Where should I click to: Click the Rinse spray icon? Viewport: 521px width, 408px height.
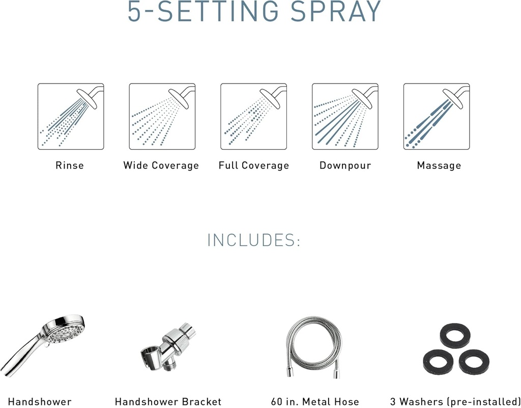click(x=70, y=117)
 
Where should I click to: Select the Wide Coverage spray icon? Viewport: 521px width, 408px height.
click(x=162, y=117)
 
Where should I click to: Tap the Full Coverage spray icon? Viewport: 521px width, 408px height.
click(x=253, y=117)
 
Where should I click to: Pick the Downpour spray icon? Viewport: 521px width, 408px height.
click(x=345, y=117)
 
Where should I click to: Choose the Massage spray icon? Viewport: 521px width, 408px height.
click(x=437, y=117)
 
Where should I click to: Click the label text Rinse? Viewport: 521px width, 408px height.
click(x=70, y=166)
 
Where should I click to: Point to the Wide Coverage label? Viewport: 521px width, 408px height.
click(x=161, y=166)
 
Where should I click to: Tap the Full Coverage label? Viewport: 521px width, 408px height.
click(x=253, y=166)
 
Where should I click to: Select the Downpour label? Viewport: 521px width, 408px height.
click(x=345, y=166)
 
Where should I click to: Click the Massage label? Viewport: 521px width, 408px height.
click(x=439, y=166)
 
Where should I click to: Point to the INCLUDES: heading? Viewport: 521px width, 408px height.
click(x=253, y=240)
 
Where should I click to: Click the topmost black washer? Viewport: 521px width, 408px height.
click(x=454, y=337)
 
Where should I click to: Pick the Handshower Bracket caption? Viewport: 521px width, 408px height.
click(x=168, y=402)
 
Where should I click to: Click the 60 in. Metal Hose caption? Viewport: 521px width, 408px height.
click(x=315, y=402)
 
